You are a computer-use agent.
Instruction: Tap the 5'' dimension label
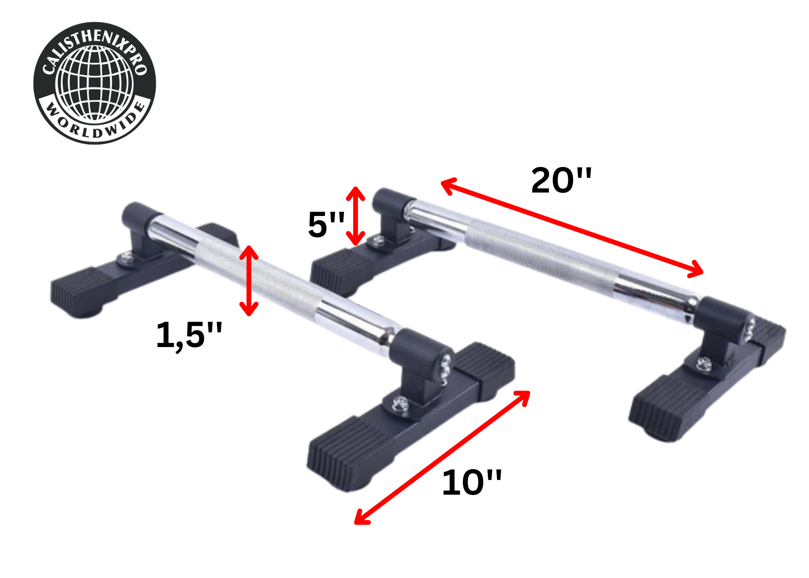pos(326,225)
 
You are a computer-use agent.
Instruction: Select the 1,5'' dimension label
pos(189,335)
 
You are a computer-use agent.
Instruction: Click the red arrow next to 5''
pos(356,216)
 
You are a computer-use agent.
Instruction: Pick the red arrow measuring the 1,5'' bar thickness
pos(249,281)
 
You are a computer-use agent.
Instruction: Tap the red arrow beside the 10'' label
pos(442,457)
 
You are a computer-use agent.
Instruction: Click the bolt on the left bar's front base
pos(400,404)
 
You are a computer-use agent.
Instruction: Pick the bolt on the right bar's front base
pos(704,364)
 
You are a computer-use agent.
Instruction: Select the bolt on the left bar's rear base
pos(127,258)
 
